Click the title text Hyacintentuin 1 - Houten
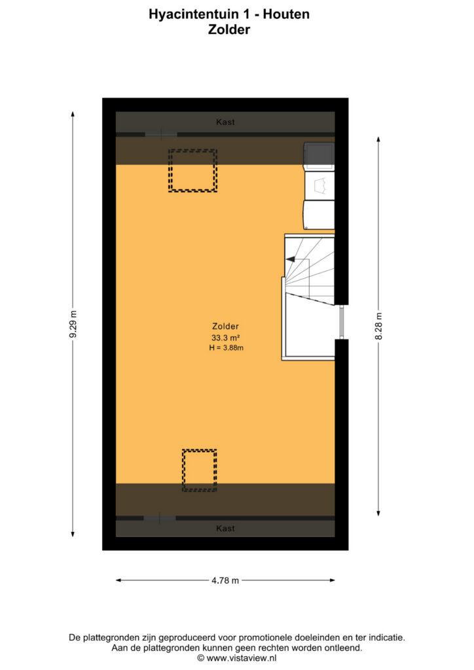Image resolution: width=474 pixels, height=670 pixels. click(229, 14)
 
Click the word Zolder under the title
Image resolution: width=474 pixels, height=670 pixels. click(229, 30)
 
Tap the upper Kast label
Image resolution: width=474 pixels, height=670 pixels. click(225, 122)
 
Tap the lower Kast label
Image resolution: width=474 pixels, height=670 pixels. click(225, 529)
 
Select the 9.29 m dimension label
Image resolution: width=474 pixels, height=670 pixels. click(73, 324)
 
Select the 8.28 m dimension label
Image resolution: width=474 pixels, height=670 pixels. click(378, 326)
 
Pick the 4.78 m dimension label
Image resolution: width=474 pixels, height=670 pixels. click(225, 580)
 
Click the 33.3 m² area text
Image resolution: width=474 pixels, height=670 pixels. click(225, 338)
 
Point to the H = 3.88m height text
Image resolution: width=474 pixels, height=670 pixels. click(226, 348)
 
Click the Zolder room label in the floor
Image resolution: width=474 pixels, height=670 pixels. click(225, 326)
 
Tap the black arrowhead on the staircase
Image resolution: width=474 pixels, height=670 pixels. click(290, 259)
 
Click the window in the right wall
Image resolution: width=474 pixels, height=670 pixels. click(342, 322)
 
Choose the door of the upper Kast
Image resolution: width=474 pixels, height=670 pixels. click(160, 135)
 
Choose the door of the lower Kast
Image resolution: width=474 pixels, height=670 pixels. click(160, 518)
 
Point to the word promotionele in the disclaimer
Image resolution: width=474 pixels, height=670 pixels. click(262, 638)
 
